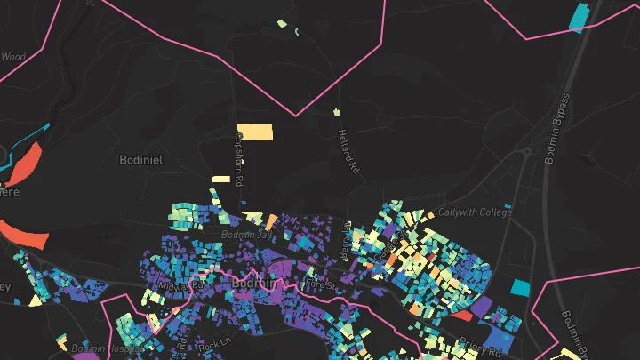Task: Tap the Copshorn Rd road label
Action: click(x=238, y=158)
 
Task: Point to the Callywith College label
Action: click(x=475, y=213)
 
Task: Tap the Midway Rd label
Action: click(x=174, y=288)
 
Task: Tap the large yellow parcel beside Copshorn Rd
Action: click(x=255, y=132)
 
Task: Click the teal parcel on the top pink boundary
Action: click(x=579, y=16)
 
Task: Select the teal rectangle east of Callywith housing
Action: click(x=519, y=287)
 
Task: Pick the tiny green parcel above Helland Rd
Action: click(x=337, y=112)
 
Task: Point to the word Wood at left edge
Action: click(x=12, y=57)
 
